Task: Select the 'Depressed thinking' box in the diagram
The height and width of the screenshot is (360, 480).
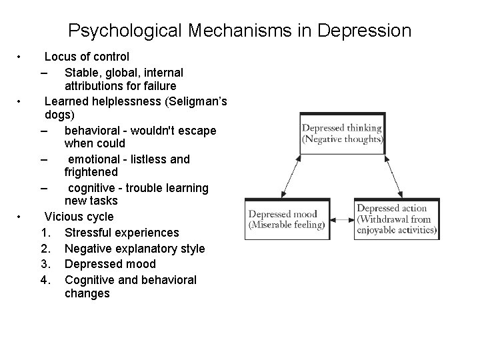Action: tap(342, 133)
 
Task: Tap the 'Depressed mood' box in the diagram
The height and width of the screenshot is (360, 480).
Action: tap(286, 219)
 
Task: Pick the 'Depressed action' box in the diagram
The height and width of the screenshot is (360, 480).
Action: tap(397, 219)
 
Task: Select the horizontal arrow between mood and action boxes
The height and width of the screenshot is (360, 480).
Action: tap(341, 218)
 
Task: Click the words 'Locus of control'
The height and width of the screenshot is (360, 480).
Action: tap(87, 57)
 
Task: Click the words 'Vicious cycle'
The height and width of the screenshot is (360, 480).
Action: tap(79, 217)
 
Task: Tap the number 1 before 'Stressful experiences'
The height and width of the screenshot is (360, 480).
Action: tap(45, 233)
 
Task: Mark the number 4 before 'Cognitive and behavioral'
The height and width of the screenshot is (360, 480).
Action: tap(45, 280)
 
